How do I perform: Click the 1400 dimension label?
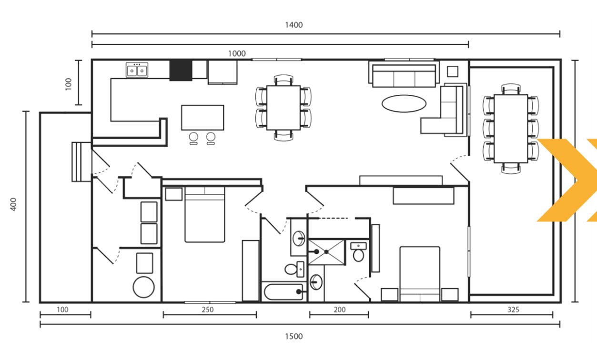coord(293,25)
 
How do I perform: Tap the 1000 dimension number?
coord(237,53)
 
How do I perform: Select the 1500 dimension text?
coord(293,336)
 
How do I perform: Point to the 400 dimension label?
coord(13,204)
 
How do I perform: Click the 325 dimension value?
coord(513,310)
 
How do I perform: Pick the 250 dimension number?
coord(207,310)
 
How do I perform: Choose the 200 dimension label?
coord(340,310)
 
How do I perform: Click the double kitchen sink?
coord(137,70)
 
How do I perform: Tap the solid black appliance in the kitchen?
coord(181,70)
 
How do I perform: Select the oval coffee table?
coord(404,104)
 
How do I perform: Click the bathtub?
coord(283,292)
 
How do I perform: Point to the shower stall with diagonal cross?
coord(326,252)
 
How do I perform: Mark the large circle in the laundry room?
coord(144,287)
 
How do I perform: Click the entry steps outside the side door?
coord(81,162)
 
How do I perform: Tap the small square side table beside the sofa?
coord(453,71)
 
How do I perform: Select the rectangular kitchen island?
coord(202,118)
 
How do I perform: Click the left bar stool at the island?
coord(193,139)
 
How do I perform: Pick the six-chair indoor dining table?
coord(283,108)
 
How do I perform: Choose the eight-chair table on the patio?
coord(511,129)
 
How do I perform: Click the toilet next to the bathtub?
coord(294,269)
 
